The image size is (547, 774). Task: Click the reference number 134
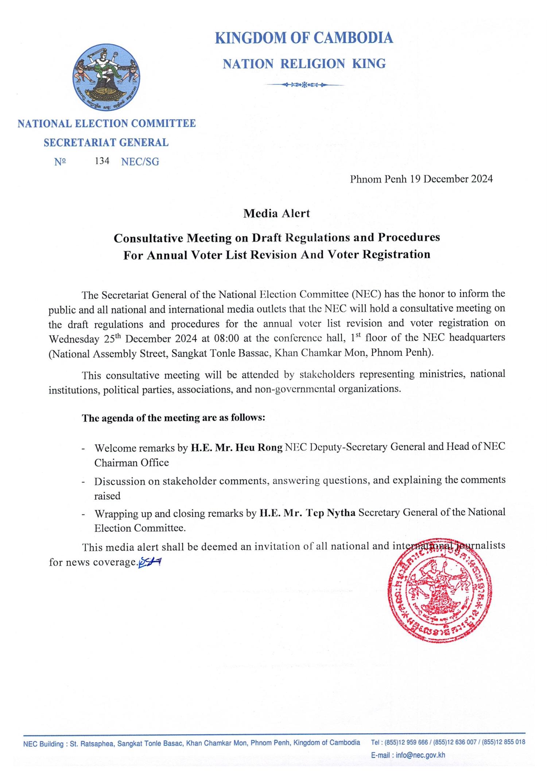(102, 161)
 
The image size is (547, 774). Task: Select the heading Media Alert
(276, 213)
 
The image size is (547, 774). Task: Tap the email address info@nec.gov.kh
(420, 755)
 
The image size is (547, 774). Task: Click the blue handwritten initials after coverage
(150, 562)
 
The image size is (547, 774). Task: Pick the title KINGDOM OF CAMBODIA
(304, 38)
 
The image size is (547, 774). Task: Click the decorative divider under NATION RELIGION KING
(304, 85)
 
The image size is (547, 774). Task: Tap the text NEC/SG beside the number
(140, 162)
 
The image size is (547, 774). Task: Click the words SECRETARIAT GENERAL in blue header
(106, 142)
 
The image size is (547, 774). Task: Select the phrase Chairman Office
(132, 463)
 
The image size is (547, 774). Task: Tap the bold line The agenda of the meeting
(173, 418)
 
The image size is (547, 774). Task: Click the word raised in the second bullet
(107, 496)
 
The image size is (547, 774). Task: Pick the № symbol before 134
(60, 162)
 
